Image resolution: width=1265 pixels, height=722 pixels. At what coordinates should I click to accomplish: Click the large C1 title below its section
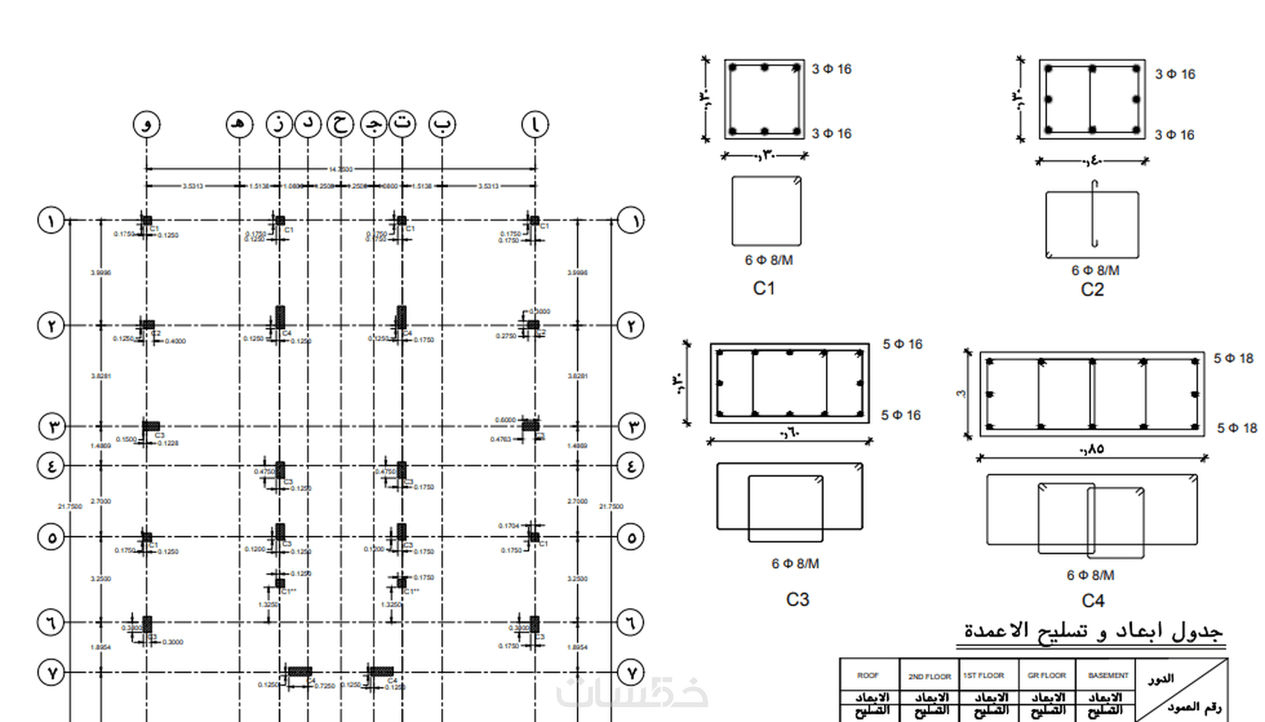[763, 288]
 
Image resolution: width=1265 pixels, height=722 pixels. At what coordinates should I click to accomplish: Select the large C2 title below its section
[1092, 290]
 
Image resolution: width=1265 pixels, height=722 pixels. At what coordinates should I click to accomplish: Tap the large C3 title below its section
[797, 599]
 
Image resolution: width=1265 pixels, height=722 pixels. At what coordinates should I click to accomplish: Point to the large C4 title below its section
[1092, 601]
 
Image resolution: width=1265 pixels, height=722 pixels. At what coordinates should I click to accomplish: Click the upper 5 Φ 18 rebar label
[1233, 358]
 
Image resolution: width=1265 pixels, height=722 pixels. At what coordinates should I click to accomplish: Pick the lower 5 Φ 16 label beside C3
[900, 415]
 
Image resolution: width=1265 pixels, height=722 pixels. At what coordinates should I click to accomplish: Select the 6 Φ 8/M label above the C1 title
[768, 260]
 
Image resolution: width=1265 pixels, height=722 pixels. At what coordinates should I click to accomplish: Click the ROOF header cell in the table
[868, 675]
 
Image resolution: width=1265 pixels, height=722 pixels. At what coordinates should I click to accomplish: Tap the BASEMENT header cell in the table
[1107, 675]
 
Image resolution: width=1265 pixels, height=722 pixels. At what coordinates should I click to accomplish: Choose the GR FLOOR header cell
[1046, 675]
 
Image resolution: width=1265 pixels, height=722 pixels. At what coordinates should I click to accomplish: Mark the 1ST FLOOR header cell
[984, 675]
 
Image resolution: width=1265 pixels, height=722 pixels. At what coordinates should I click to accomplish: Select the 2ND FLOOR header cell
[929, 676]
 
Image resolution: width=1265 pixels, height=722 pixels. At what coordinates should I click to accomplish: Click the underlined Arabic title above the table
[1092, 631]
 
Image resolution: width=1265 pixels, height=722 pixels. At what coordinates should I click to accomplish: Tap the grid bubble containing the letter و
[147, 124]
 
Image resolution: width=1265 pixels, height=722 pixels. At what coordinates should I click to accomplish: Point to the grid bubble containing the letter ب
[442, 124]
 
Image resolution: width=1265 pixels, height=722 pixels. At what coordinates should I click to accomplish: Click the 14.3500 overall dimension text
[341, 169]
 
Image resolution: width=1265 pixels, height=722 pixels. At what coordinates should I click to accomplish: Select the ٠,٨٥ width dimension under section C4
[1091, 449]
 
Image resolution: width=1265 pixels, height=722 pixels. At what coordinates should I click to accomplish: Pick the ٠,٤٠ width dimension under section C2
[1091, 161]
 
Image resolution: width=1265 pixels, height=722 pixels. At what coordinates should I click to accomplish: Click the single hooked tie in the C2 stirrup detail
[1095, 216]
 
